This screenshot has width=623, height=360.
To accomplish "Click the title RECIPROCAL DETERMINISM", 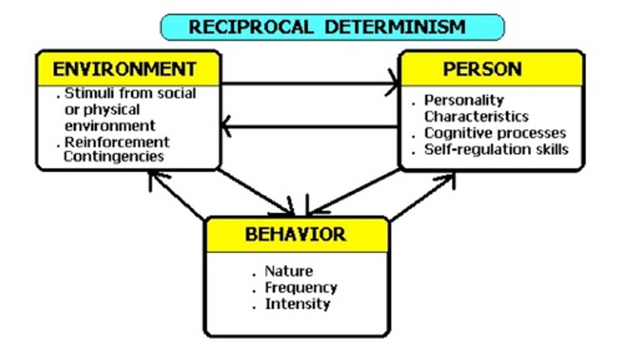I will (328, 27).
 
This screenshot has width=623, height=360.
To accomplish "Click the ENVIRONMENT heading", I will (125, 69).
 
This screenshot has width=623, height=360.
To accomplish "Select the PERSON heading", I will (482, 69).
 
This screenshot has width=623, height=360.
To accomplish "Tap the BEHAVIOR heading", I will (295, 234).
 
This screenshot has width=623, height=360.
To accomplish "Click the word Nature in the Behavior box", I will (289, 271).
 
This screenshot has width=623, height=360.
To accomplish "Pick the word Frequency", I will (301, 288).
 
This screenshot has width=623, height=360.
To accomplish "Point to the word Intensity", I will (297, 304).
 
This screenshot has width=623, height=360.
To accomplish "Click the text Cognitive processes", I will (495, 133).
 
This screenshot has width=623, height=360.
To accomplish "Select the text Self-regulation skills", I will (496, 149).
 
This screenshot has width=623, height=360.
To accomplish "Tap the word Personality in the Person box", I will (464, 100).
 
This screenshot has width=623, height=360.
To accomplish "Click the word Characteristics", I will (476, 116).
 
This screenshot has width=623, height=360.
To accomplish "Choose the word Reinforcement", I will (117, 142).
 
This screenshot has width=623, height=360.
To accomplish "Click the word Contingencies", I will (114, 156).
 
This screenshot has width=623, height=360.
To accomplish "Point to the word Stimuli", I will (82, 93).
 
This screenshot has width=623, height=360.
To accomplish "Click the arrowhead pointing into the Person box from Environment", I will (394, 83).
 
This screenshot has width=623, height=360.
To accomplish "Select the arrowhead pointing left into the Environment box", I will (226, 127).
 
